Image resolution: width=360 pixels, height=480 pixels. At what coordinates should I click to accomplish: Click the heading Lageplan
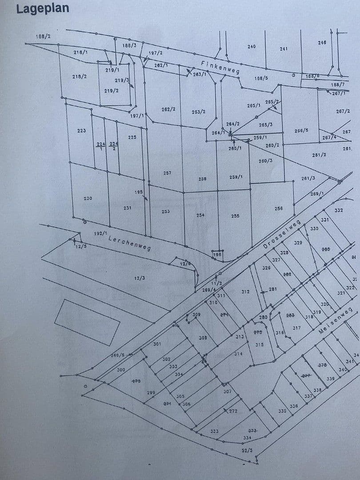pyautogui.click(x=42, y=9)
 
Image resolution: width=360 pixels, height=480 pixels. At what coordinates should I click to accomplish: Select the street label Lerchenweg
pyautogui.click(x=129, y=243)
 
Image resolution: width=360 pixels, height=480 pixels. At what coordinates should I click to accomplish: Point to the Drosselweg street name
pyautogui.click(x=282, y=234)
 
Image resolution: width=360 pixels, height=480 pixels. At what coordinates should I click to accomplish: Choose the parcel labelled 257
pyautogui.click(x=167, y=173)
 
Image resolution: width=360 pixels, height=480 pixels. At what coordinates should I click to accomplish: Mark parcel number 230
pyautogui.click(x=88, y=198)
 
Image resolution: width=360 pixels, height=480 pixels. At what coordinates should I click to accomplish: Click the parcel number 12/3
pyautogui.click(x=140, y=278)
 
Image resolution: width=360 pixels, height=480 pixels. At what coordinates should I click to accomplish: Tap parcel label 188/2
pyautogui.click(x=43, y=36)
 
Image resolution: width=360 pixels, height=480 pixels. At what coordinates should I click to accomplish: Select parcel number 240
pyautogui.click(x=251, y=46)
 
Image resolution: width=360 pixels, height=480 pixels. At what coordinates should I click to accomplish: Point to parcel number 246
pyautogui.click(x=322, y=43)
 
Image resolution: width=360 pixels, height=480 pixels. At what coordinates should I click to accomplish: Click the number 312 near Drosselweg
pyautogui.click(x=245, y=292)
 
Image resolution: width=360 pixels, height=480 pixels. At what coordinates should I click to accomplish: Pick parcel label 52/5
pyautogui.click(x=247, y=450)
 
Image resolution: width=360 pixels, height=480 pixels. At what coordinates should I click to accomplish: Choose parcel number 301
pyautogui.click(x=157, y=344)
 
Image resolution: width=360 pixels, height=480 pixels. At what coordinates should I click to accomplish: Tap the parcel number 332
pyautogui.click(x=338, y=210)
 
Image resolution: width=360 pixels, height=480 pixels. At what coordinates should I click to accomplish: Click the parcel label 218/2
pyautogui.click(x=79, y=77)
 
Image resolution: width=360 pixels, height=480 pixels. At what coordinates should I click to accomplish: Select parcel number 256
pyautogui.click(x=278, y=208)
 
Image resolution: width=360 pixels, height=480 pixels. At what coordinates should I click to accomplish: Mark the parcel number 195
pyautogui.click(x=138, y=192)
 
